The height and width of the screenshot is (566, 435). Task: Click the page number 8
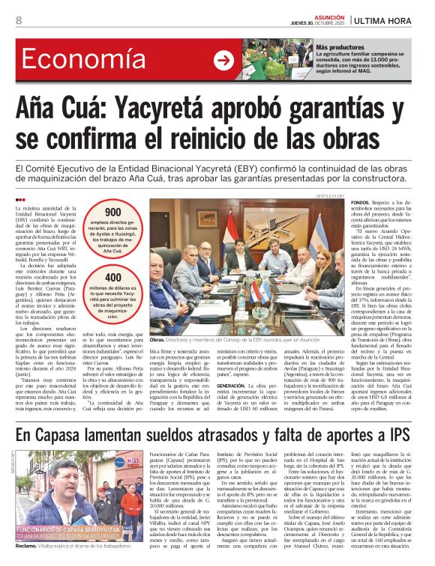click(19, 21)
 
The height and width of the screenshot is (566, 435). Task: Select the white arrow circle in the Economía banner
click(223, 61)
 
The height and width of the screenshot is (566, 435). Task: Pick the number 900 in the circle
click(112, 213)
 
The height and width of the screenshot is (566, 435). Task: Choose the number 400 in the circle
click(112, 277)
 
